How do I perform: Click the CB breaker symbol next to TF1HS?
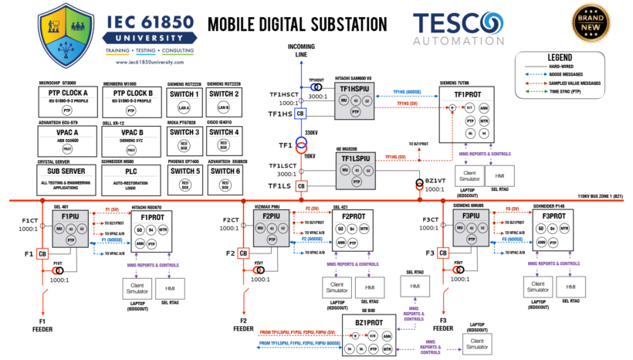(x=300, y=114)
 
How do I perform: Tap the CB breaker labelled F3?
(x=442, y=253)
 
